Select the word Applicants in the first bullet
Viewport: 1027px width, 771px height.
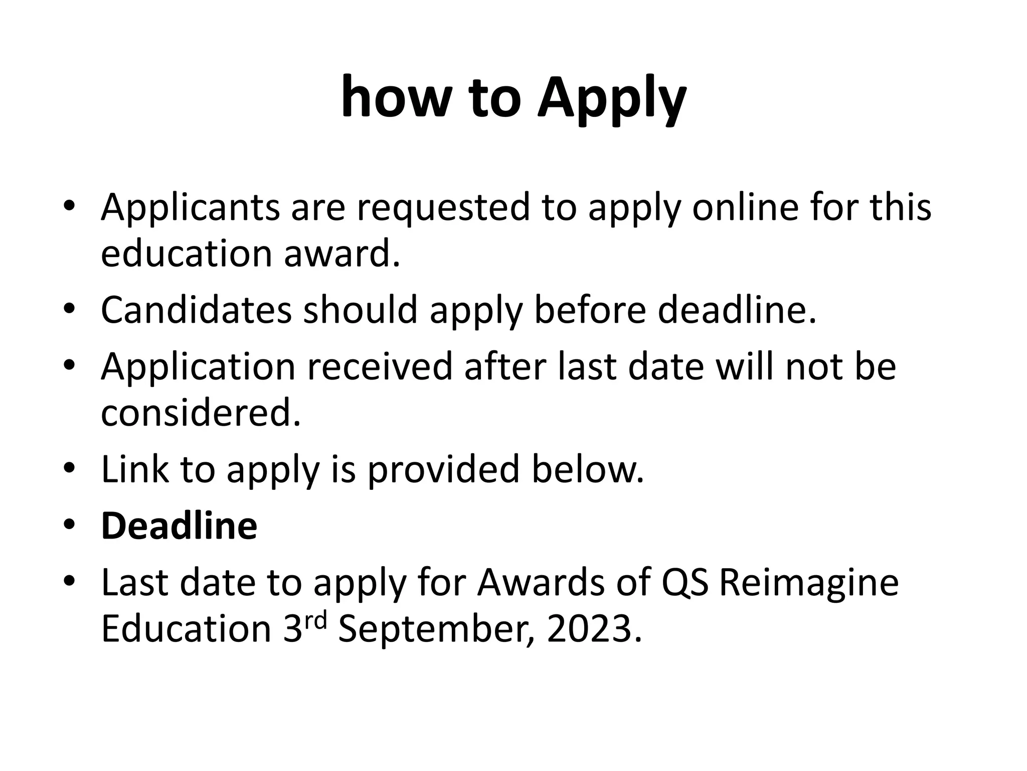190,208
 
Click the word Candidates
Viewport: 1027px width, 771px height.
196,310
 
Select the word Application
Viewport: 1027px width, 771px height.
198,367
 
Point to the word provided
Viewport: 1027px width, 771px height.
443,470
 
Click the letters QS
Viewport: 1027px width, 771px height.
685,583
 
